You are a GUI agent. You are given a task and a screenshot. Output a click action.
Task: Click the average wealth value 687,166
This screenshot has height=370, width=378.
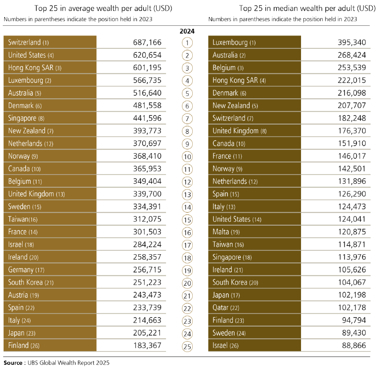click(147, 42)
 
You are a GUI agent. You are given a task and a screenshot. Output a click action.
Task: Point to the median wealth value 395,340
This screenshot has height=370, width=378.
click(351, 42)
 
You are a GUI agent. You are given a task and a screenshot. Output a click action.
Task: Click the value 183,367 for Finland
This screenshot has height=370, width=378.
click(147, 345)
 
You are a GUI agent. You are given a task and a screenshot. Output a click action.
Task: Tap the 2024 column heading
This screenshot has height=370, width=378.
click(187, 31)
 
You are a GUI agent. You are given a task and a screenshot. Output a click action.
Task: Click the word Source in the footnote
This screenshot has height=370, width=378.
click(13, 363)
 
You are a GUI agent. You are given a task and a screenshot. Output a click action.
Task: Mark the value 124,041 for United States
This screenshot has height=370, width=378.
click(351, 219)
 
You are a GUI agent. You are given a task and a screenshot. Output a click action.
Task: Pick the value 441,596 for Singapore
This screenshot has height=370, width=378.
click(147, 118)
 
